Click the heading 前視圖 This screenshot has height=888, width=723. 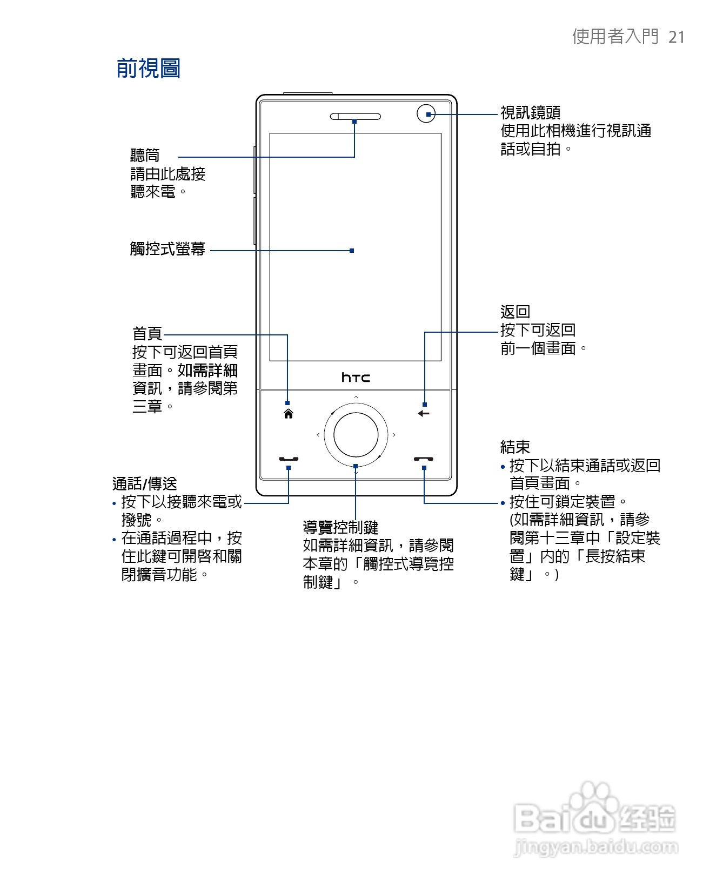pos(148,69)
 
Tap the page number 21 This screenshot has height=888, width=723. pos(677,37)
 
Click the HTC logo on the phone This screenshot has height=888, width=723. pos(356,377)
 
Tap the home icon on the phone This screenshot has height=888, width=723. pos(289,414)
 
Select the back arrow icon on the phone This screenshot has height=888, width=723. pos(424,414)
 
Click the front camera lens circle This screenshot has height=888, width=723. pos(426,114)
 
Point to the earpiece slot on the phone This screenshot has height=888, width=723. pos(355,116)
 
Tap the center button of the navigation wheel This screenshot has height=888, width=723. pos(356,435)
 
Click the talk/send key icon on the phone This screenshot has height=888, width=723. pos(289,459)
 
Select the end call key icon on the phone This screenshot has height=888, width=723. pos(424,459)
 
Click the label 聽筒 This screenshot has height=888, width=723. pos(145,156)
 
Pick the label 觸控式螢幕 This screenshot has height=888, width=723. pos(168,249)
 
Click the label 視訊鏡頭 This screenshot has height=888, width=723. pos(530,112)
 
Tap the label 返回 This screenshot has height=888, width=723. pos(515,312)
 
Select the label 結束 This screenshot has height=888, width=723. pos(515,447)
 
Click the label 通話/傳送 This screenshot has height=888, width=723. pos(144,483)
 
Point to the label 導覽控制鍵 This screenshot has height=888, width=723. pos(340,527)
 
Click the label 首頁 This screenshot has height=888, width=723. pos(147,333)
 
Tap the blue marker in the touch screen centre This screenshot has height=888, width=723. pos(352,251)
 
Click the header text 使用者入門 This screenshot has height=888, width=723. pos(615,37)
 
